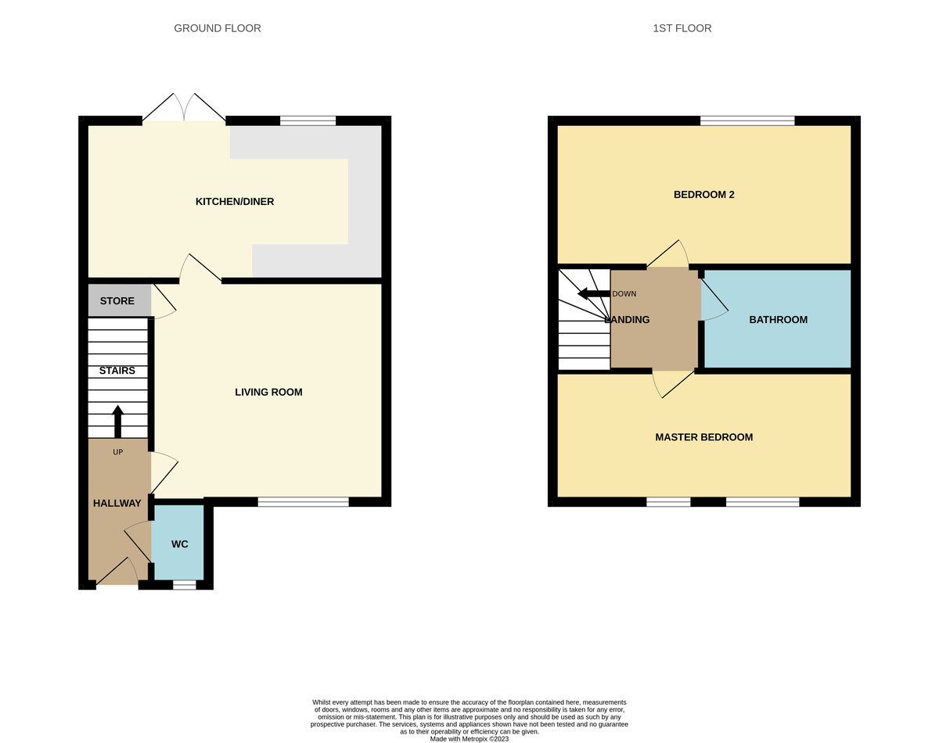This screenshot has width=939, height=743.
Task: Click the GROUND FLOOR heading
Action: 218,28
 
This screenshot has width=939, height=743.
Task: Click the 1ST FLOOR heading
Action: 682,28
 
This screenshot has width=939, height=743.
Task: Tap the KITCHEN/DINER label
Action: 235,202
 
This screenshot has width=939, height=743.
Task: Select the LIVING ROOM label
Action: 268,392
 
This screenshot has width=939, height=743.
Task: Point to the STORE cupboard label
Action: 117,301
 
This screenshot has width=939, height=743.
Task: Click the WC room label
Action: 179,544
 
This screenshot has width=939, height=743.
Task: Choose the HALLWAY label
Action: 117,503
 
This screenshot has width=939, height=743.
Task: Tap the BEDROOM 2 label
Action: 703,195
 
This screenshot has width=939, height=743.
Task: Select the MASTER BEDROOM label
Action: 703,437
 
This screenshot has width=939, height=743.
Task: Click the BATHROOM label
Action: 778,320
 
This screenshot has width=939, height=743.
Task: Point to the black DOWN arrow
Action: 593,293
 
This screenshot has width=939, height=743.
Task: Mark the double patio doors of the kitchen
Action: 184,109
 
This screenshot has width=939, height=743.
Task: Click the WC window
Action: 184,584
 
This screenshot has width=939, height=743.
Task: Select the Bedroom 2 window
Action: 747,120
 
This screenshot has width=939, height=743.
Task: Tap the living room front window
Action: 303,502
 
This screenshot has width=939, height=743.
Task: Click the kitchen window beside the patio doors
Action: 308,120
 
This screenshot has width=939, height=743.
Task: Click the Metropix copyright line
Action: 469,738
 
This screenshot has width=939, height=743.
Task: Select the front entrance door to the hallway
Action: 114,573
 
